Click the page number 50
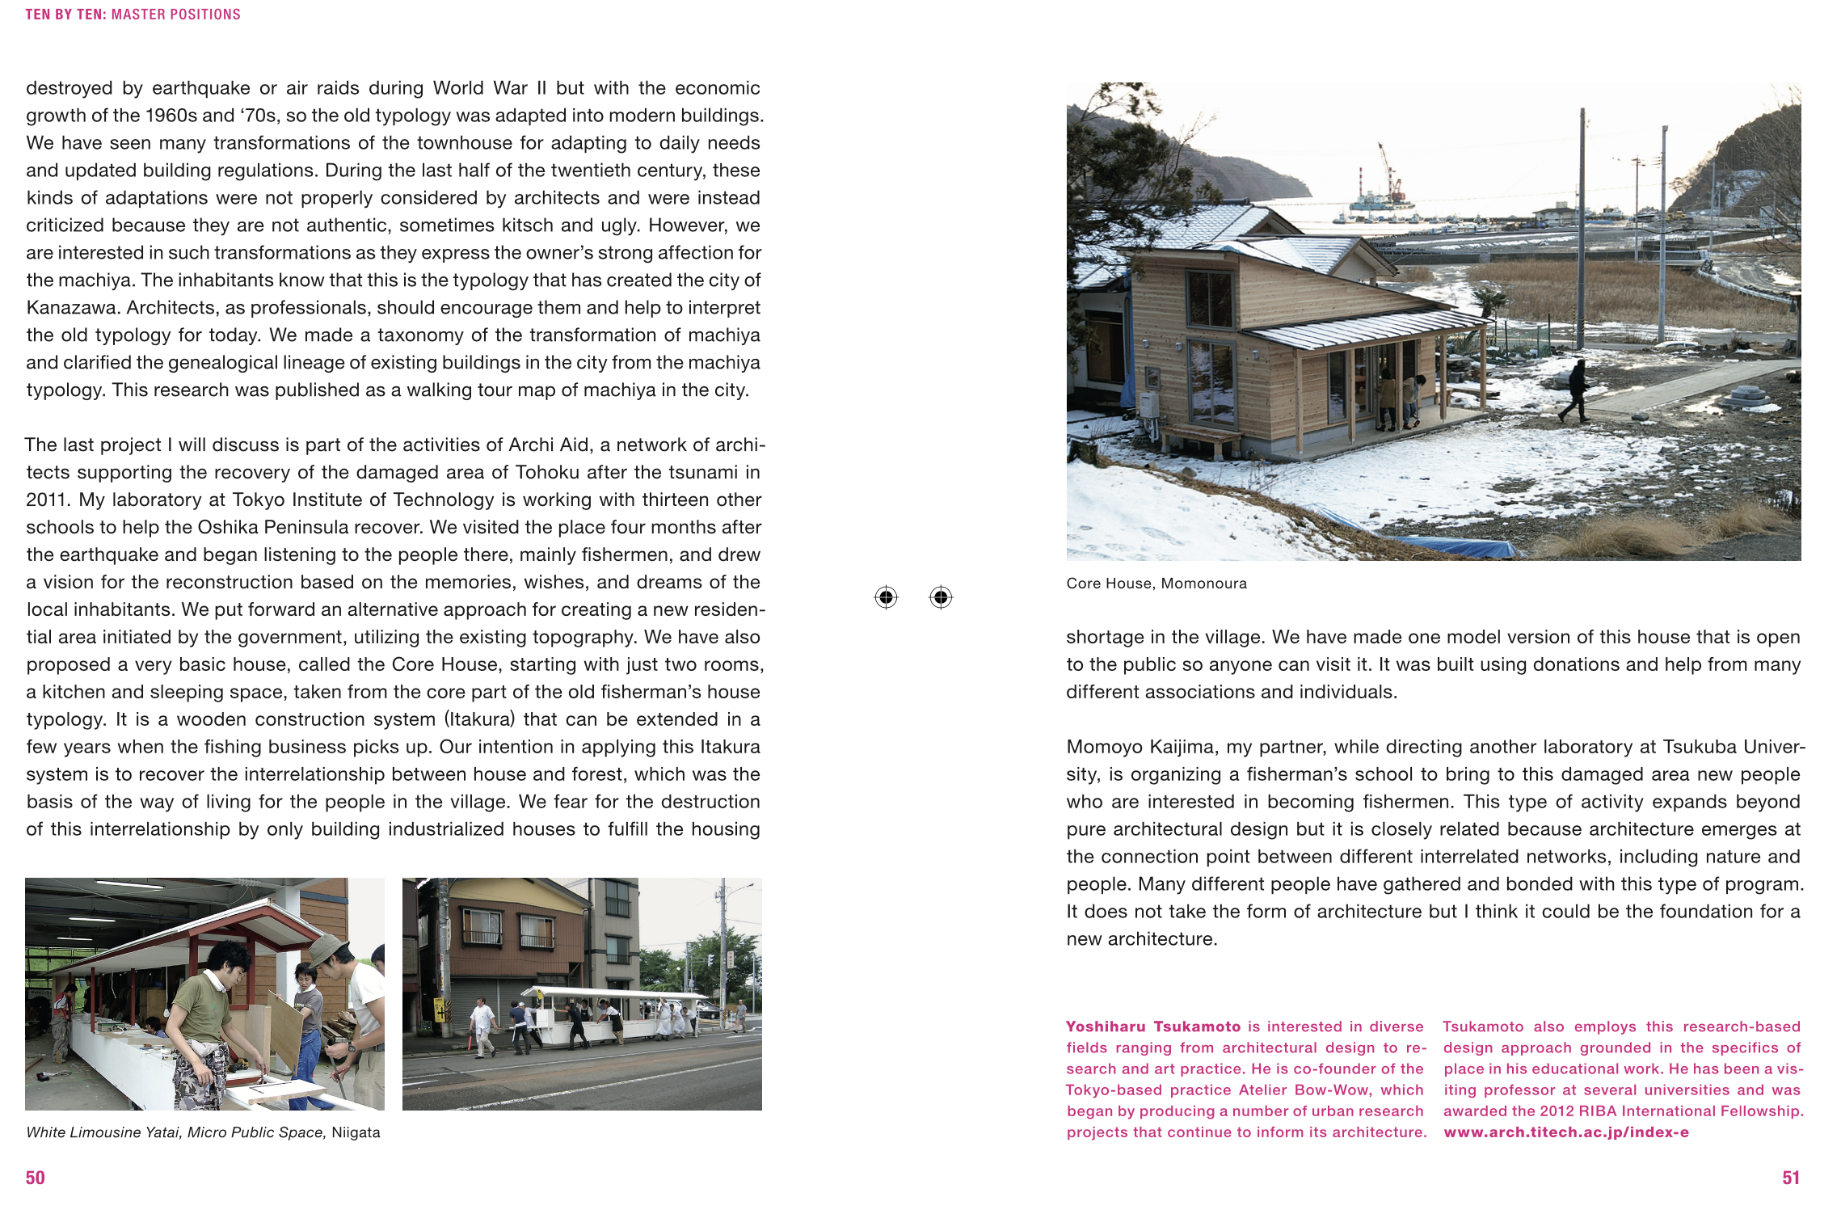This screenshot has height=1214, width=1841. coord(36,1178)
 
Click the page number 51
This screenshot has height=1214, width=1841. coord(1791,1178)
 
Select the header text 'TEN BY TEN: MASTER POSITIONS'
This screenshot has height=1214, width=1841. coord(133,15)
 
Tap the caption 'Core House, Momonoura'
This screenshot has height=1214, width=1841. coord(1156,584)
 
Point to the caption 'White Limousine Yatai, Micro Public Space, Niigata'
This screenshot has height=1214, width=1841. coord(203,1132)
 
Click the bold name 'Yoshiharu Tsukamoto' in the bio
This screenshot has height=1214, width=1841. coord(1152,1026)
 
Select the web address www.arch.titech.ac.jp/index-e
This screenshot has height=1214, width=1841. coord(1566,1132)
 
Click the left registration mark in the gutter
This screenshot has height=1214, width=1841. coord(886,597)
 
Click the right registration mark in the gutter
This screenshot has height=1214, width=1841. coord(941,597)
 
